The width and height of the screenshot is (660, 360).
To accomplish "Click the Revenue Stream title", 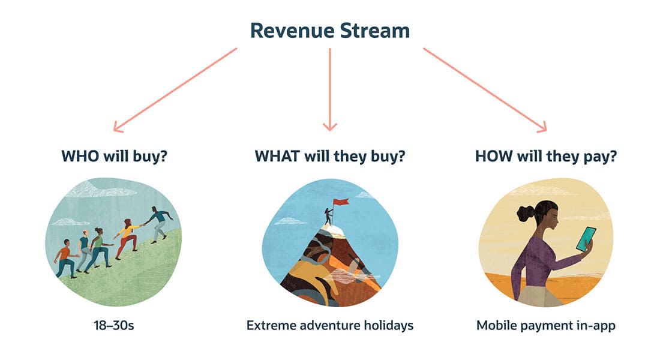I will coord(329,30).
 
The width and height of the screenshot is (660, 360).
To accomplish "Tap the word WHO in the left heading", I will coord(79,157).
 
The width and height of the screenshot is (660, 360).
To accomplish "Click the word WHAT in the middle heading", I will coord(278,157).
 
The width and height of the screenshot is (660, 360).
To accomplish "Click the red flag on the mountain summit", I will coord(341,205).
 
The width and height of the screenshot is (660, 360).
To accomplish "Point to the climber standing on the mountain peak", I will coord(328,216).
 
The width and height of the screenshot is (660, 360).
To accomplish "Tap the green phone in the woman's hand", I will coord(584,239).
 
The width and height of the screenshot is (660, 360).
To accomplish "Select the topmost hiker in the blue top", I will coord(158,223).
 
